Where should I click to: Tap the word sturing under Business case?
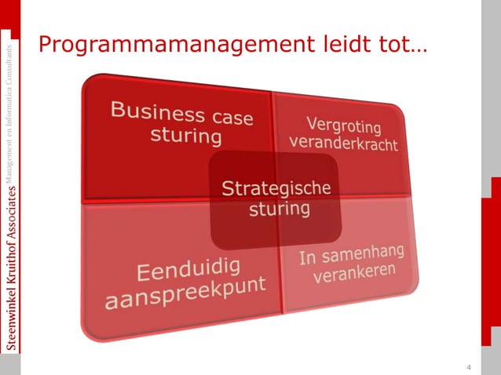pos(186,136)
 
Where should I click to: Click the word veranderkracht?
pos(343,144)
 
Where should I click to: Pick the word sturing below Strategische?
pos(279,209)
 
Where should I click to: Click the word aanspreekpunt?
pos(185,293)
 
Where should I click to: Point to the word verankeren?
pos(355,272)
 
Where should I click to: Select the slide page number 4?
pos(469,368)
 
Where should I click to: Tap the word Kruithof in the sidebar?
pos(9,259)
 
